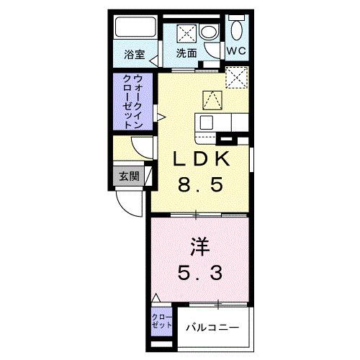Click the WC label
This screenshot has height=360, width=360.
236,52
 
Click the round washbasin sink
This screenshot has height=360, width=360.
209,32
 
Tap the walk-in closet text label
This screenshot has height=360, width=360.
131,102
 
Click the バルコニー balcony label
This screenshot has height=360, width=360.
215,328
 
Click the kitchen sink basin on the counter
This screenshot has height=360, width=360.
209,122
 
